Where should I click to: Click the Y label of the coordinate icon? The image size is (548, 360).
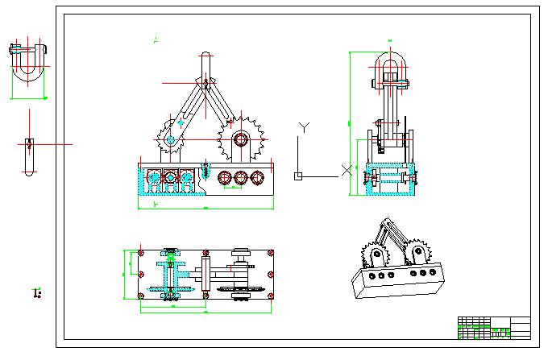304,126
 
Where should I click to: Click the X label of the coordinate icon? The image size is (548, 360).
347,170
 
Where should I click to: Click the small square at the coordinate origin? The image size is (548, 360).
297,176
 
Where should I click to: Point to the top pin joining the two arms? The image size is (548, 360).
206,81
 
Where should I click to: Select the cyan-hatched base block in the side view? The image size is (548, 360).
390,180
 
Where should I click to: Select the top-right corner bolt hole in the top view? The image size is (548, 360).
270,254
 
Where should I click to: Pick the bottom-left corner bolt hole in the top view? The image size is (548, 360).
142,296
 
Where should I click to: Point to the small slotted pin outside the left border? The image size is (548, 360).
29,156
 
